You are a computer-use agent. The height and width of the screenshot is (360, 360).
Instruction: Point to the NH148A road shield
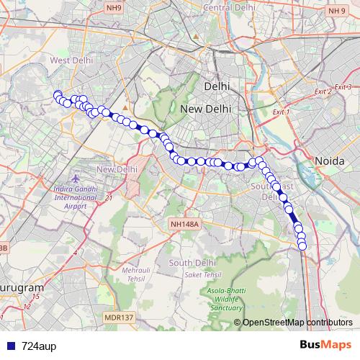(x=184, y=225)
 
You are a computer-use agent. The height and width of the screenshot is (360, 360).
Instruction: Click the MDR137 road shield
(x=118, y=317)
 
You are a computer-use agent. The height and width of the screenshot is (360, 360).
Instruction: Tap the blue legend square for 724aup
(x=7, y=346)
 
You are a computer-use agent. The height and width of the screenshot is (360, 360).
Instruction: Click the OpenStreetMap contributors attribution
(x=297, y=323)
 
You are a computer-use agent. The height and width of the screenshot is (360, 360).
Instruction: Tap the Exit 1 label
(x=280, y=112)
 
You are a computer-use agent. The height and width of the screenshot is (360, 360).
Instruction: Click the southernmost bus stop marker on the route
(x=302, y=246)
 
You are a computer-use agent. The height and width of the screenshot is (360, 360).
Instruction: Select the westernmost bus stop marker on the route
(x=57, y=94)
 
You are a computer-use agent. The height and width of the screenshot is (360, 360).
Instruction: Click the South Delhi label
(x=189, y=262)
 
